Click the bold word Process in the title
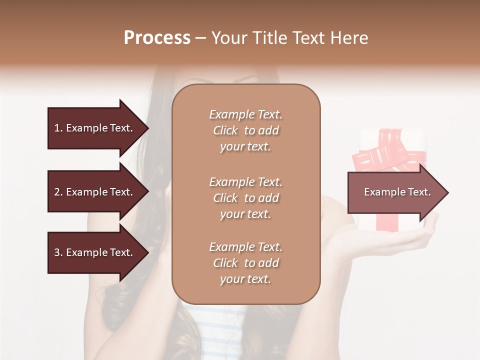[x=157, y=38]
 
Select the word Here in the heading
[x=350, y=38]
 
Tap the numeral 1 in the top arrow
[x=57, y=128]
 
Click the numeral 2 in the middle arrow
[x=57, y=192]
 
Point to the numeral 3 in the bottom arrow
[x=57, y=252]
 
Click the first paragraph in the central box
[x=245, y=130]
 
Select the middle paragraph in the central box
[x=245, y=198]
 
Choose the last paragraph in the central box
[x=245, y=263]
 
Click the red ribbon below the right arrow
[x=387, y=225]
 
